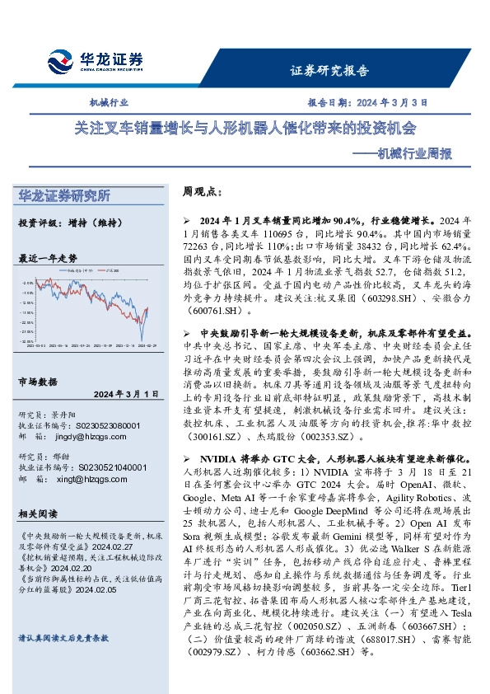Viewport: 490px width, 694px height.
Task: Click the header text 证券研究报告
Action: click(x=329, y=71)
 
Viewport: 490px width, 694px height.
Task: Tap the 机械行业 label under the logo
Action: click(x=109, y=103)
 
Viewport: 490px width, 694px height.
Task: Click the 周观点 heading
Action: click(x=202, y=191)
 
